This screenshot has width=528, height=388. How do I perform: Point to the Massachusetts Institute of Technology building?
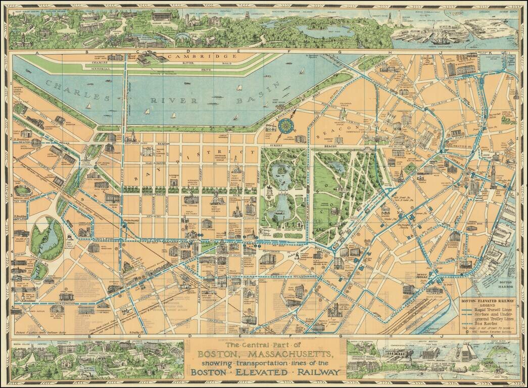tap(152, 60)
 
